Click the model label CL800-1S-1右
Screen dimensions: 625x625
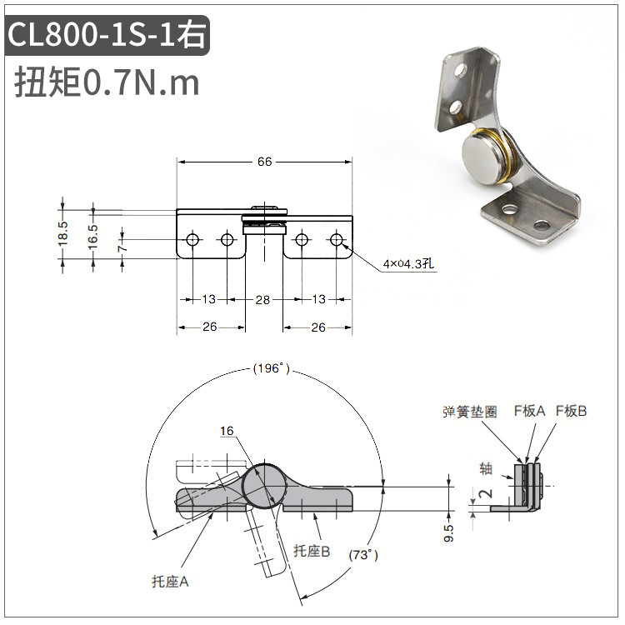pyautogui.click(x=107, y=35)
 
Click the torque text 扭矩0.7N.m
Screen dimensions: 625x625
pyautogui.click(x=107, y=82)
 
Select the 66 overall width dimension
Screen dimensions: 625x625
pyautogui.click(x=265, y=162)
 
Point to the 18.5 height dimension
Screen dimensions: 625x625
pyautogui.click(x=63, y=233)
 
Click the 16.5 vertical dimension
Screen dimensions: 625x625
pyautogui.click(x=92, y=237)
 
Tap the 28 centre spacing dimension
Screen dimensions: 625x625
pyautogui.click(x=262, y=299)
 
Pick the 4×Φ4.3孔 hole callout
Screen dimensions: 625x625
pyautogui.click(x=408, y=263)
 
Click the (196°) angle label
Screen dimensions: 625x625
pyautogui.click(x=272, y=367)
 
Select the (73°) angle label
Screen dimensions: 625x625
pyautogui.click(x=363, y=555)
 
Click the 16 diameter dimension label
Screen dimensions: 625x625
pyautogui.click(x=227, y=431)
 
